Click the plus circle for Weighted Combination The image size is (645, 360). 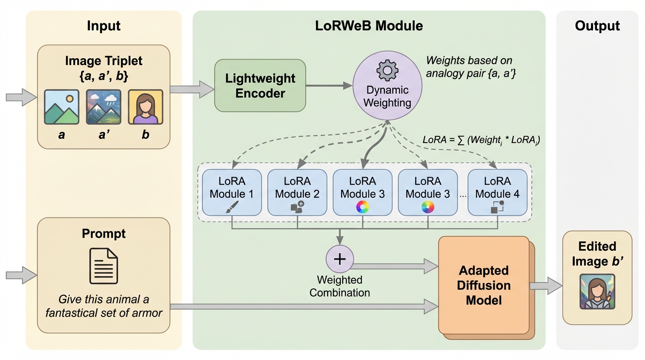coord(339,259)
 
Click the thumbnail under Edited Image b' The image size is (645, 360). coord(597,292)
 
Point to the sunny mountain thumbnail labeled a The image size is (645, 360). coord(61,107)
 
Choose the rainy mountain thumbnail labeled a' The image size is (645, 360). coord(104,107)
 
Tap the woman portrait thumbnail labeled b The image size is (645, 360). coord(145,107)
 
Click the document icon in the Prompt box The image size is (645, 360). coord(104,266)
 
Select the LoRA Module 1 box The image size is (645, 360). coord(232,192)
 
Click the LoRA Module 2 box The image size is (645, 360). coord(297,192)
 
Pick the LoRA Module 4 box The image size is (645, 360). coord(497,192)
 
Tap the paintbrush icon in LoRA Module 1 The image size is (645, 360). coord(232,207)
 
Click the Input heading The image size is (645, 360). coord(104,26)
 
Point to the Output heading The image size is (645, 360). coord(597,26)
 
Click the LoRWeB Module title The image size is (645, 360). coord(369,26)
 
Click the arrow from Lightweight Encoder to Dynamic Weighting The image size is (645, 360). coord(329,85)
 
